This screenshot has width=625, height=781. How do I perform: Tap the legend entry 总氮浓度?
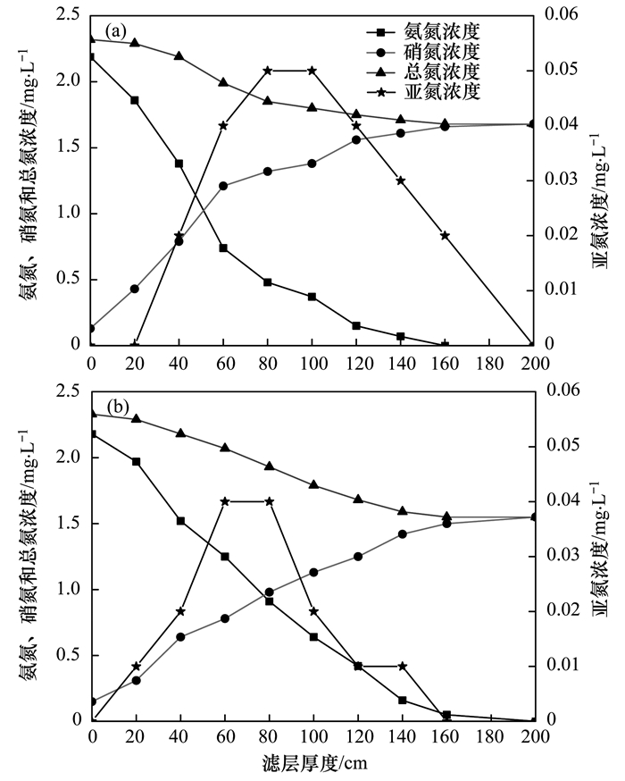pos(438,71)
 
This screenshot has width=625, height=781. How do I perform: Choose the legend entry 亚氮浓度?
pos(438,92)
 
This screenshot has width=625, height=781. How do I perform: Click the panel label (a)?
pos(117,31)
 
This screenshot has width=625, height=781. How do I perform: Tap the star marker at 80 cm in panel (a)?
pos(268,71)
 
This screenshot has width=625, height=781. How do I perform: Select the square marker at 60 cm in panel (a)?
pos(223,248)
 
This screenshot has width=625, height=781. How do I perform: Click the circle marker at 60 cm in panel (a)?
pos(223,186)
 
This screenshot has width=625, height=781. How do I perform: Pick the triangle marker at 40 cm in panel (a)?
pos(179,56)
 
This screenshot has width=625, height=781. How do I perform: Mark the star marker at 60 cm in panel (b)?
pos(223,501)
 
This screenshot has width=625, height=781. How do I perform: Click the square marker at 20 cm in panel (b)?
pos(136,462)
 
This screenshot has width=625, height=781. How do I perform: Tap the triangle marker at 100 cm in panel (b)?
pos(312,484)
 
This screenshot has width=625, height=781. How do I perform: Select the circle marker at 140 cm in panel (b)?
pos(402,534)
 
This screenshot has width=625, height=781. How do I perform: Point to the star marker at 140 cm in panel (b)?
pos(402,666)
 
